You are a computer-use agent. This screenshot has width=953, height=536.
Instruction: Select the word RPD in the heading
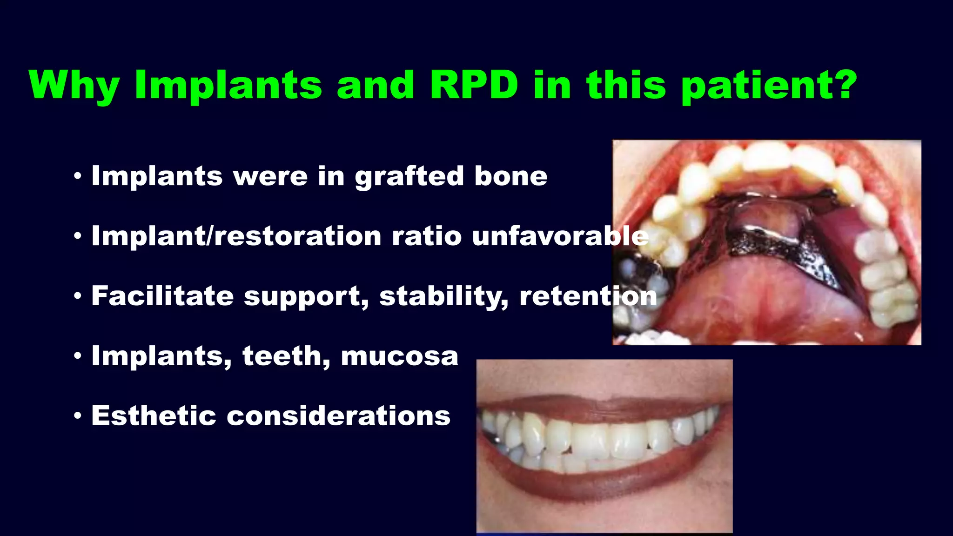point(474,85)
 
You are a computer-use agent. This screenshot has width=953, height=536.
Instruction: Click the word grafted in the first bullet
point(409,177)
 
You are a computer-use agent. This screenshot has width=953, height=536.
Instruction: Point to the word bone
point(510,176)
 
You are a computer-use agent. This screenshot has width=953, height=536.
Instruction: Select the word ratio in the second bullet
point(426,236)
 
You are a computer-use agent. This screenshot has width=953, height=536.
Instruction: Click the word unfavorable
point(560,236)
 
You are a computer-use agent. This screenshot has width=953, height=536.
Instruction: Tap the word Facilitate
point(162,296)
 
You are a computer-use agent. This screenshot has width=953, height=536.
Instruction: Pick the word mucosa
point(399,356)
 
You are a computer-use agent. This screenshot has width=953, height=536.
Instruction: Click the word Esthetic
point(154,415)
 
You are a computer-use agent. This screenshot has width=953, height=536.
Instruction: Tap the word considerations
point(338,415)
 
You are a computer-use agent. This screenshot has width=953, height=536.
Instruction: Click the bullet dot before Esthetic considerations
point(78,416)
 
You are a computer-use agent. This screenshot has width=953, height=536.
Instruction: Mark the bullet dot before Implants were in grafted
point(78,176)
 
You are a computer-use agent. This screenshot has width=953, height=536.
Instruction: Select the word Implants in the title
point(228,86)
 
